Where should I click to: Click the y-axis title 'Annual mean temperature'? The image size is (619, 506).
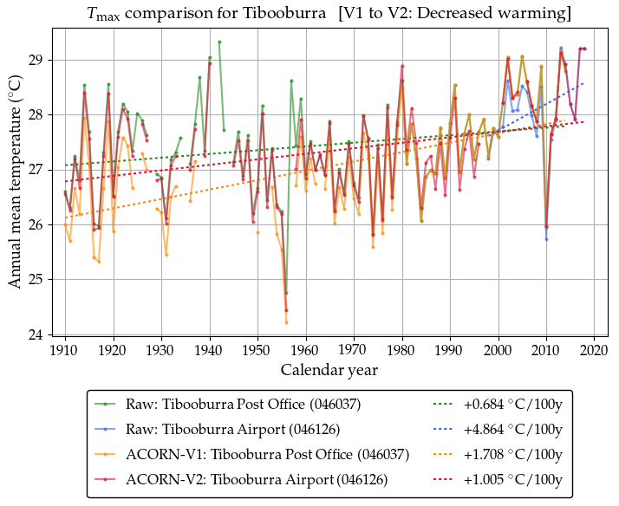[16, 180]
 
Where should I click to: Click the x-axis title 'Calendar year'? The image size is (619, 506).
[329, 370]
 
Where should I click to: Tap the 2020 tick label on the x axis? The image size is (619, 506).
[594, 350]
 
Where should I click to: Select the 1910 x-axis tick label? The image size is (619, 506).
[65, 350]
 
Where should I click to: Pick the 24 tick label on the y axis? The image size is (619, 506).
[39, 334]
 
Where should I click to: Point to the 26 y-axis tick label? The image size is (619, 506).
[39, 224]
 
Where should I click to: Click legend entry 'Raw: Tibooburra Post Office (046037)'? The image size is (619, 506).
[243, 404]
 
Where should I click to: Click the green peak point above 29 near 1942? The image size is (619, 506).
[219, 42]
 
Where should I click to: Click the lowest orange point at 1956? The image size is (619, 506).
[286, 322]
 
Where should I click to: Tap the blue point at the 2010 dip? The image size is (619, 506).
[546, 239]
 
